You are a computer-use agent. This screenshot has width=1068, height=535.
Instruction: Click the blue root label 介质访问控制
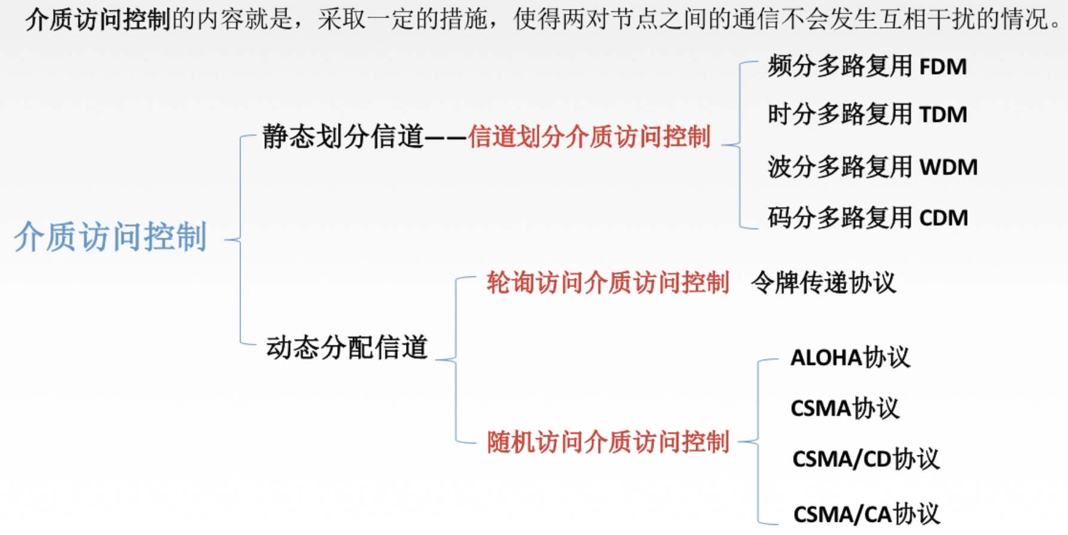(111, 237)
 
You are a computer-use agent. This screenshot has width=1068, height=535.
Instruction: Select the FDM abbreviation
(942, 66)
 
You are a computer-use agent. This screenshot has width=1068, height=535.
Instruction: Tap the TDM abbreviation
(942, 114)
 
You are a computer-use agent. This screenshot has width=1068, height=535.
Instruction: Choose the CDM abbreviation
(943, 218)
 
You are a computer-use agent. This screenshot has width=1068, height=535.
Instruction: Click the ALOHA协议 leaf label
(850, 358)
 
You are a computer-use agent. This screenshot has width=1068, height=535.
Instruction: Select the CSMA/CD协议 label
(865, 460)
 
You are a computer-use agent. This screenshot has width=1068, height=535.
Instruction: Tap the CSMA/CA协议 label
(866, 514)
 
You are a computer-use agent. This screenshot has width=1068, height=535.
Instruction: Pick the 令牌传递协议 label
(823, 282)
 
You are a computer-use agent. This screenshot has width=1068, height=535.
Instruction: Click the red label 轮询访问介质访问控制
(608, 282)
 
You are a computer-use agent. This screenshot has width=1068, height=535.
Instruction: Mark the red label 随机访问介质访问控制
(608, 442)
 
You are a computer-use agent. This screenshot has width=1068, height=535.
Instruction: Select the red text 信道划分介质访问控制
(589, 136)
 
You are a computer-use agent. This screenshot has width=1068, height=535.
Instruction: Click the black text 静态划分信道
(343, 136)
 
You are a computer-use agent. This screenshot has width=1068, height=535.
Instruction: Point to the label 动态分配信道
(347, 347)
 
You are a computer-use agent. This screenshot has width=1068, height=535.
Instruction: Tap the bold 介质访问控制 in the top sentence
(98, 19)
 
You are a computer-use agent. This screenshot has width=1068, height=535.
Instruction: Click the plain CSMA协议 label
(844, 409)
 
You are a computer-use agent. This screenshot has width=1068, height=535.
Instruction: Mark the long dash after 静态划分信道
(445, 138)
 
